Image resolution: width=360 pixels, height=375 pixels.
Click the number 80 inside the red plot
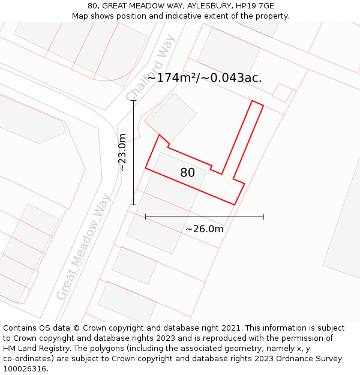point(187,173)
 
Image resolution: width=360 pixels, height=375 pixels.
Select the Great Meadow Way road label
point(84,247)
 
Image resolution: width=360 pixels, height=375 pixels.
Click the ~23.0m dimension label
point(122,152)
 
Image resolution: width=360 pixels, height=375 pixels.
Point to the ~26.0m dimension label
point(204,229)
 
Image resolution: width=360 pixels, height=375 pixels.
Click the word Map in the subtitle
point(80,16)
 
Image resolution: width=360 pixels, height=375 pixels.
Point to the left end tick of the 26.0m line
point(145,217)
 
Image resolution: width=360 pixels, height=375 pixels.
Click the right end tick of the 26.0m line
point(263,217)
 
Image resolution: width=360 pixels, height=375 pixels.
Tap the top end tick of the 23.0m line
point(133,101)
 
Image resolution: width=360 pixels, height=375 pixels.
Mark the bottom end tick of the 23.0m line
point(133,205)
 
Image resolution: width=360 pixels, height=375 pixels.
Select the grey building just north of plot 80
point(172,117)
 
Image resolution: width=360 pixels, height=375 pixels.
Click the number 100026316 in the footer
point(24,369)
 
